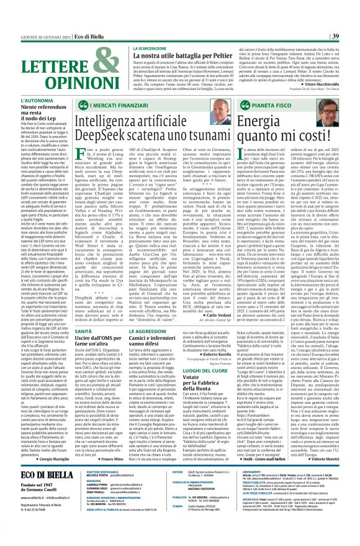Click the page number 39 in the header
351,6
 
